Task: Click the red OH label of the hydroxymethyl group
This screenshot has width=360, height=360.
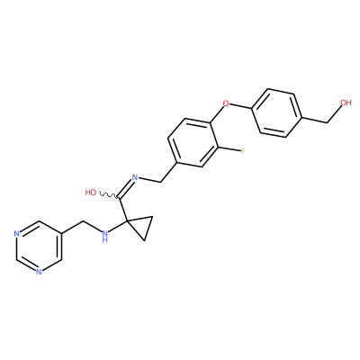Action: pyautogui.click(x=346, y=103)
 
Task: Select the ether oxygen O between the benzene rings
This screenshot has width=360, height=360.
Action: pyautogui.click(x=226, y=103)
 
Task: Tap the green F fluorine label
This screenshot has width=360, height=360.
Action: pyautogui.click(x=243, y=151)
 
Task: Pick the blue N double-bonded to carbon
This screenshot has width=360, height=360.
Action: pyautogui.click(x=135, y=177)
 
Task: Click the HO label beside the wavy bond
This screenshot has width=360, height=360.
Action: pyautogui.click(x=91, y=193)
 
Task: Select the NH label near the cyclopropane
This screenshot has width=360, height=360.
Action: pyautogui.click(x=104, y=236)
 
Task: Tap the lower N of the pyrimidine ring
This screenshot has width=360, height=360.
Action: pyautogui.click(x=39, y=272)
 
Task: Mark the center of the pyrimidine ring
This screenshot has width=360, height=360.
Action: pyautogui.click(x=39, y=247)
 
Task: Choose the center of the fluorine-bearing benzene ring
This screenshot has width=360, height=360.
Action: pyautogui.click(x=193, y=142)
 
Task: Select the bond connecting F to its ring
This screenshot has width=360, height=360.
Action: pyautogui.click(x=229, y=149)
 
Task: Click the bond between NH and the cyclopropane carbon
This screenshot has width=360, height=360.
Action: pyautogui.click(x=118, y=226)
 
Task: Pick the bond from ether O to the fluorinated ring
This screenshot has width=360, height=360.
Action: pyautogui.click(x=217, y=114)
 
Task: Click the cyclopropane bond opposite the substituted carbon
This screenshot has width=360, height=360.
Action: pyautogui.click(x=149, y=229)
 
